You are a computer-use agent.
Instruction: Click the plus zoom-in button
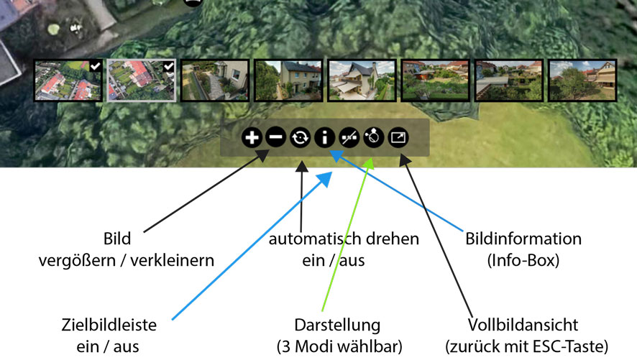click(252, 137)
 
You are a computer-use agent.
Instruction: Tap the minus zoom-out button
click(275, 137)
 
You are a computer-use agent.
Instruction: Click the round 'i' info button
click(325, 137)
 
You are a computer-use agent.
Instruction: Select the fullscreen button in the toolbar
click(398, 137)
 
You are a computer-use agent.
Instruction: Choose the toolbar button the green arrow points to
click(373, 137)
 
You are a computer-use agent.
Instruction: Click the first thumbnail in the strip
click(68, 80)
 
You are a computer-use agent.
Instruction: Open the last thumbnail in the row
click(581, 80)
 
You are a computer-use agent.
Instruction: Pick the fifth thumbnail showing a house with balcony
click(361, 80)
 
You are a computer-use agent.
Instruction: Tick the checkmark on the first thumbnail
click(96, 67)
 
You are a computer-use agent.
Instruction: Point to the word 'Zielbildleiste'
click(110, 325)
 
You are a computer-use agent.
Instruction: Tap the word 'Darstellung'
click(337, 325)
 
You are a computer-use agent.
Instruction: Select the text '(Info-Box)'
click(523, 260)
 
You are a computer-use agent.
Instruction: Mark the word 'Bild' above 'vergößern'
click(118, 239)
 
